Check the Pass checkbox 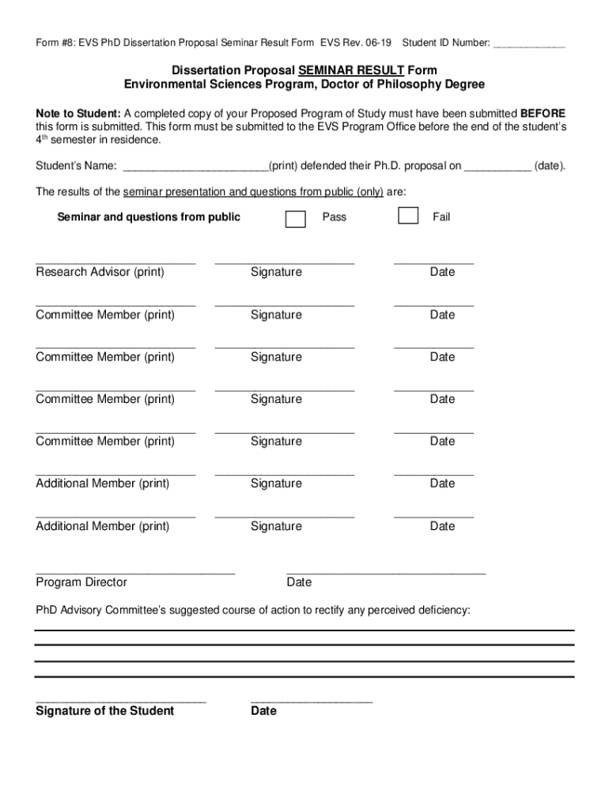[x=295, y=219]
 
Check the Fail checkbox [x=408, y=216]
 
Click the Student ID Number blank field [x=528, y=43]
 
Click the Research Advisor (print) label [x=100, y=273]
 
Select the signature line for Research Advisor [x=284, y=262]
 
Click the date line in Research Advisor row [x=433, y=262]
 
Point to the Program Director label [x=81, y=582]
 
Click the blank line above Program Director [x=135, y=571]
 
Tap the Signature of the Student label [x=104, y=711]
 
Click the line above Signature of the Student [x=120, y=701]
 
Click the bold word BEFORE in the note [x=543, y=114]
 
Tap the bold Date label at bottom [x=263, y=711]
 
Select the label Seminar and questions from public [x=149, y=217]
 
